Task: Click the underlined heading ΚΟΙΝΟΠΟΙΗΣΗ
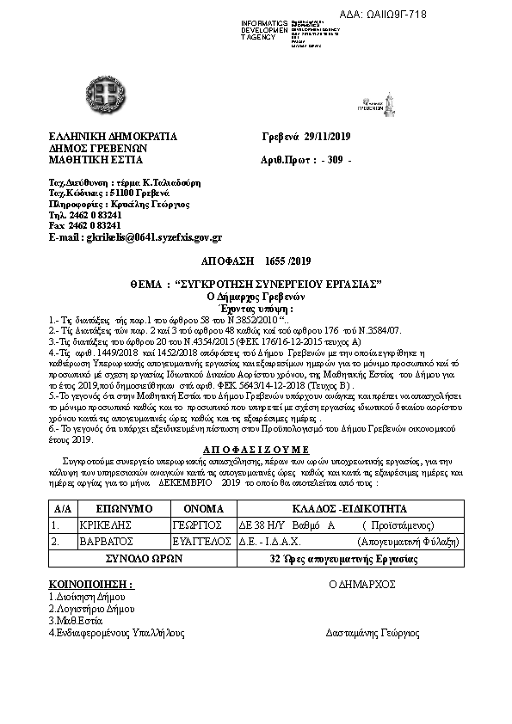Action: coord(91,583)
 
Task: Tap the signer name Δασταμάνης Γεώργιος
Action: coord(373,633)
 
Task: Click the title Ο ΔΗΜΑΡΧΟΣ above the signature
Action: coord(361,583)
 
